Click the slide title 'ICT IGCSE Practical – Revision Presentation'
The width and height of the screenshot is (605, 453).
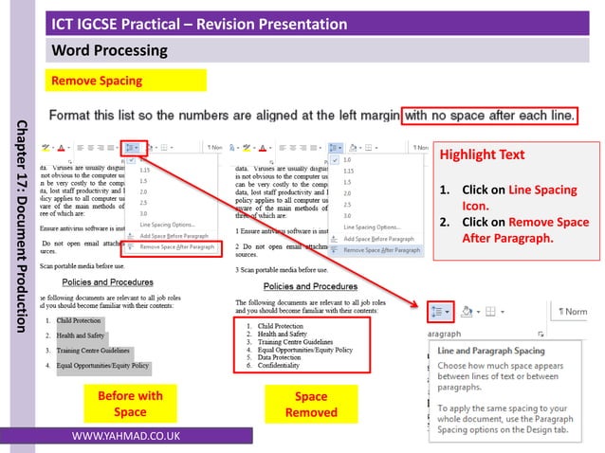coord(199,23)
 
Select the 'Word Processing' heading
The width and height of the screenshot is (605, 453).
coord(109,49)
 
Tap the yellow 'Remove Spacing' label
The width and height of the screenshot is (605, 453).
coord(97,81)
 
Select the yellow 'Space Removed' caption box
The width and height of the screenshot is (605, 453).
coord(310,404)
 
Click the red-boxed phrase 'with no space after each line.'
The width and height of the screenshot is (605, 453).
coord(490,116)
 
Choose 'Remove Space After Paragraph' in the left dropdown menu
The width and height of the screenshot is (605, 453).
coord(175,246)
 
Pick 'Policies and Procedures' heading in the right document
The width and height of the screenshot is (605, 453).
coord(309,286)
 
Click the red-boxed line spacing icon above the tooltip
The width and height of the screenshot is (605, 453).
coord(441,310)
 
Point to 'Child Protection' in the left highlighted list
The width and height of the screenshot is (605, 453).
coord(80,320)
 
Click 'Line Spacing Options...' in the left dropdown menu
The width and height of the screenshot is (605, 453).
coord(167,224)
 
